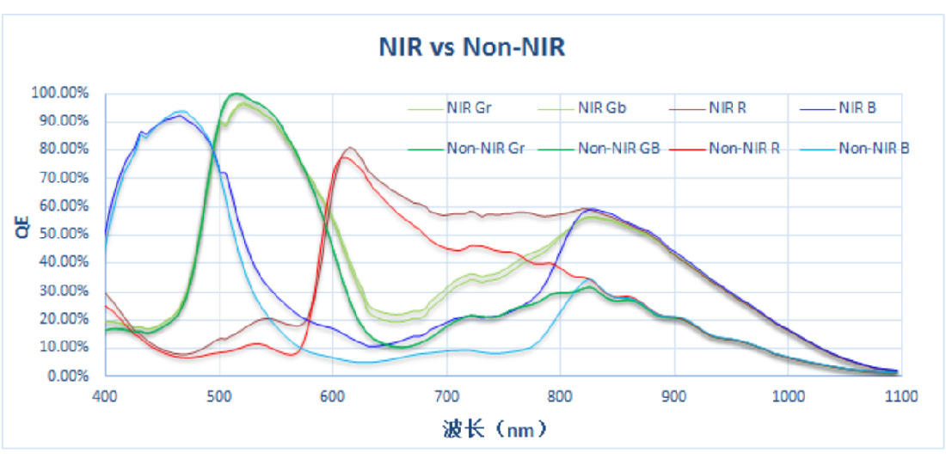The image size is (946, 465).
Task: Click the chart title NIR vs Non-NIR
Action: [x=472, y=46]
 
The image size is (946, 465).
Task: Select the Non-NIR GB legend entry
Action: [x=614, y=148]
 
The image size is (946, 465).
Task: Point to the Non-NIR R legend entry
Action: [x=745, y=148]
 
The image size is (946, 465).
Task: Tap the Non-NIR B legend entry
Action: [x=874, y=148]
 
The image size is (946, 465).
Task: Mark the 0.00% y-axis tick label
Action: [x=67, y=376]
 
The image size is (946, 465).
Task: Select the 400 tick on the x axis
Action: [x=105, y=395]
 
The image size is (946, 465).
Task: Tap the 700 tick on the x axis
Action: [x=446, y=395]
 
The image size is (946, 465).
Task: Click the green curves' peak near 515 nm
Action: [x=236, y=93]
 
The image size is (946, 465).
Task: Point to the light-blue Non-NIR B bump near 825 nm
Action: [x=588, y=279]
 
